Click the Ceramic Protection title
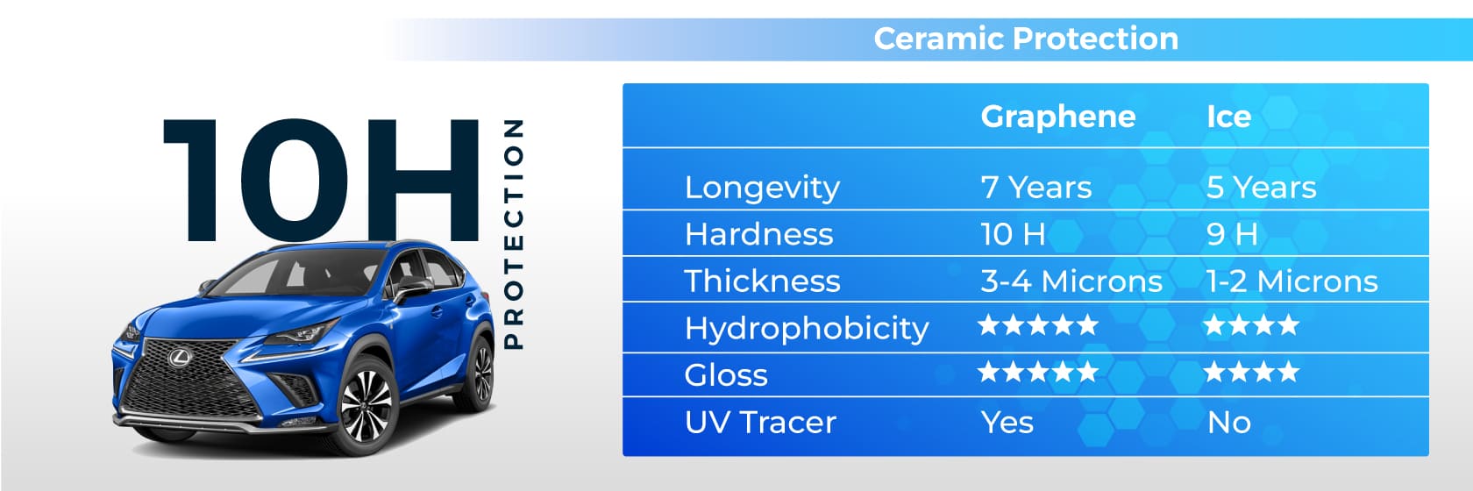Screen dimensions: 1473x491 1026,39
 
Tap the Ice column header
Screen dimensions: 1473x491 1228,117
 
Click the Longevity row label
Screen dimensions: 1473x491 762,189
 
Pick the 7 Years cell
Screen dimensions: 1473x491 1035,188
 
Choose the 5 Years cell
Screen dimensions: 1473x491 1261,188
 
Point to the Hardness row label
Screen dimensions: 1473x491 759,234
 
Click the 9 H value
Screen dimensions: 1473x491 1232,234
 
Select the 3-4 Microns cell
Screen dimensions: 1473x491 1071,281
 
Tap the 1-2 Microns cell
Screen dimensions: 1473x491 1292,281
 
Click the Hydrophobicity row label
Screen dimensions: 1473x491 807,329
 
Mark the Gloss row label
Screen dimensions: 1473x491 726,375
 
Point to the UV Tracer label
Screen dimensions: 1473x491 760,422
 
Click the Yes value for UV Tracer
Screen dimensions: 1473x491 1007,422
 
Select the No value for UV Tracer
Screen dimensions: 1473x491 1229,423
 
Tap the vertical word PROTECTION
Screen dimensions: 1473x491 512,234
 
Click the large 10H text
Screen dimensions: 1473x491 320,180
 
